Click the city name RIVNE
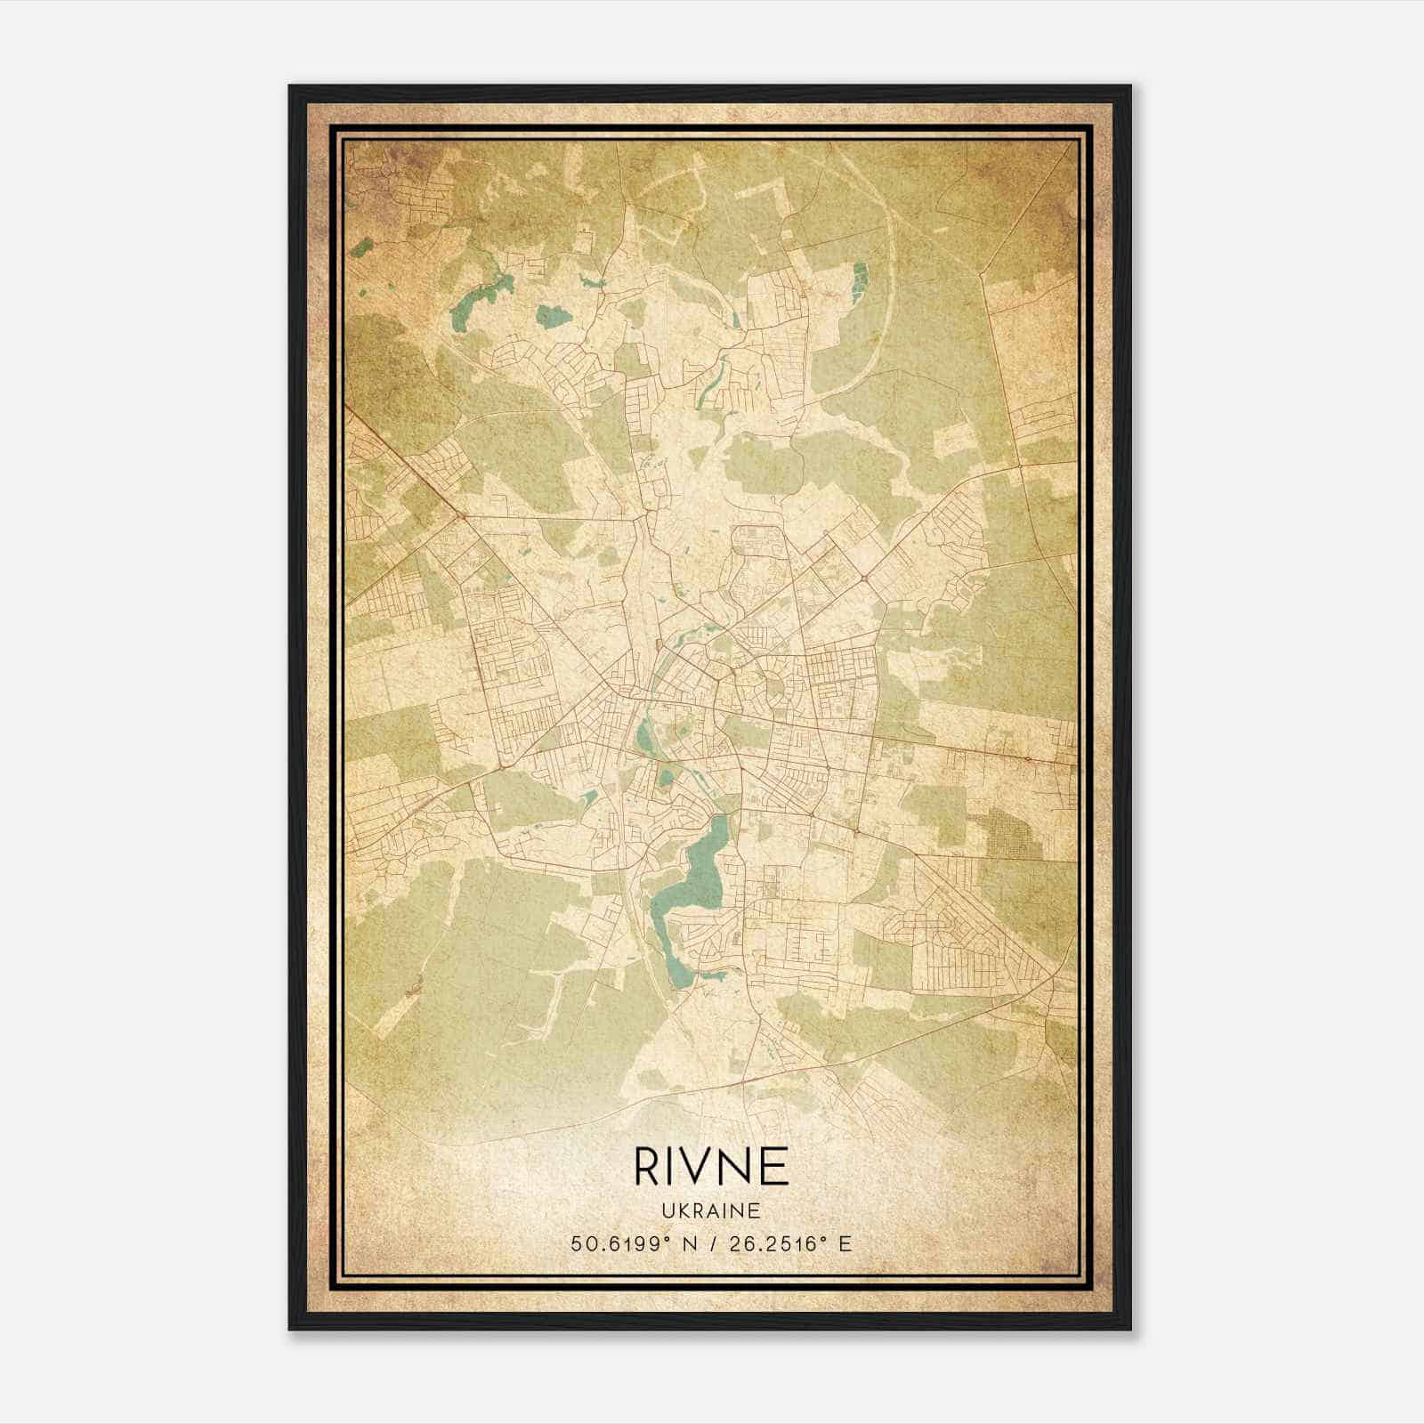[711, 1166]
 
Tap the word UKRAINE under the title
[711, 1211]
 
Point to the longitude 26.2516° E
[788, 1243]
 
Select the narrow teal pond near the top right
[859, 280]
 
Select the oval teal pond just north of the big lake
[643, 735]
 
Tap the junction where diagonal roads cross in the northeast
[862, 579]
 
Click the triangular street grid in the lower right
[970, 934]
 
